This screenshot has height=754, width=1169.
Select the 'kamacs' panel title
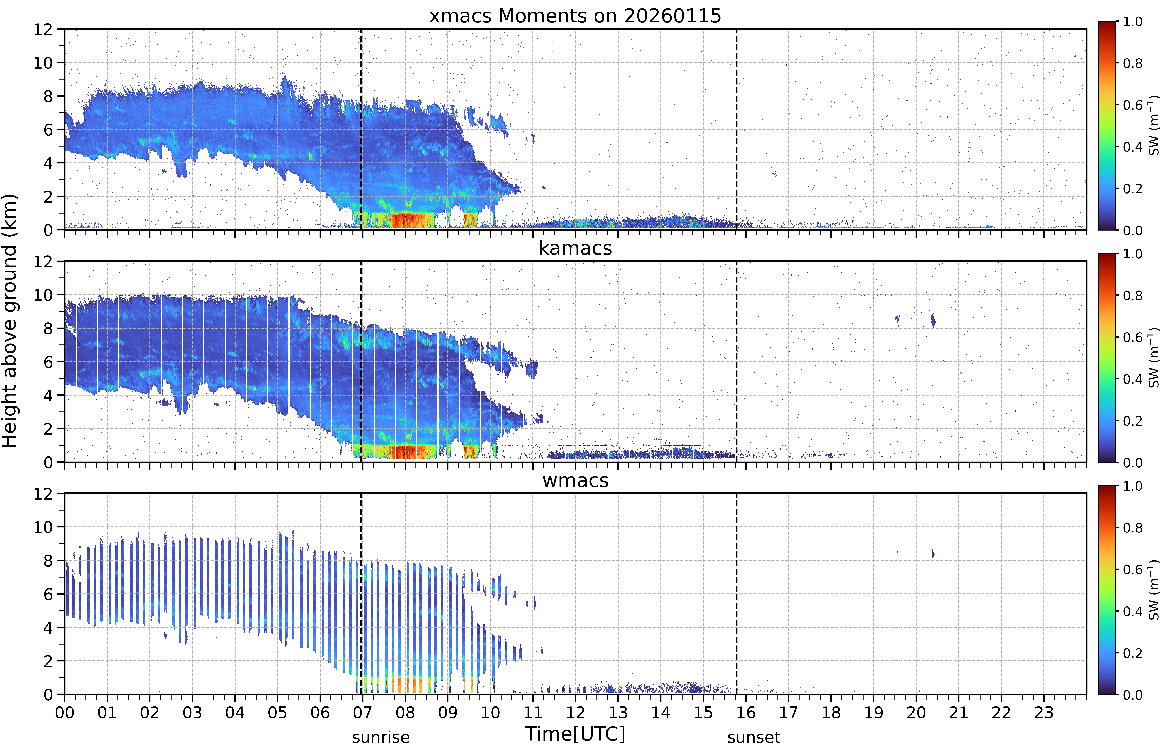click(x=575, y=248)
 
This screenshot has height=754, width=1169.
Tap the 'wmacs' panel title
click(x=575, y=480)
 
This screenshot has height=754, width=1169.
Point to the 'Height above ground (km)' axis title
click(x=10, y=321)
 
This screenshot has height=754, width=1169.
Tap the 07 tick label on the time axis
click(x=362, y=712)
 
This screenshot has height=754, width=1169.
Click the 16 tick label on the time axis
click(x=746, y=712)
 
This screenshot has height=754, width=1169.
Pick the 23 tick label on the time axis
click(x=1044, y=712)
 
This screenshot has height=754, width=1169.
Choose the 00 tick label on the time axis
click(x=65, y=712)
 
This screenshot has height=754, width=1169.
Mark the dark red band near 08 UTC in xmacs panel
click(x=412, y=220)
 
